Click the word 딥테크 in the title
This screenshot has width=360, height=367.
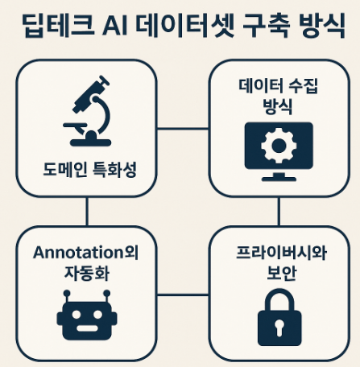pyautogui.click(x=59, y=25)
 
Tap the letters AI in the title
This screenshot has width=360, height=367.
pyautogui.click(x=114, y=27)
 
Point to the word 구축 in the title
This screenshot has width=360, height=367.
pyautogui.click(x=266, y=25)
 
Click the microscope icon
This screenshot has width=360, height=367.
pyautogui.click(x=89, y=111)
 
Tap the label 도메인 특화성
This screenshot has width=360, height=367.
pyautogui.click(x=89, y=170)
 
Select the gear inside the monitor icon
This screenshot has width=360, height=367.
pyautogui.click(x=279, y=146)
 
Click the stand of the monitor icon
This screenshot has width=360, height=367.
pyautogui.click(x=279, y=177)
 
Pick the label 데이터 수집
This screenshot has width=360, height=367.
pyautogui.click(x=278, y=87)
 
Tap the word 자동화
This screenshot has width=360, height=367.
pyautogui.click(x=87, y=274)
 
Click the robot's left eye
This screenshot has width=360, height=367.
pyautogui.click(x=77, y=315)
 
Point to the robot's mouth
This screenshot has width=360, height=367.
pyautogui.click(x=87, y=328)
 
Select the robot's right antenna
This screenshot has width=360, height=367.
pyautogui.click(x=107, y=296)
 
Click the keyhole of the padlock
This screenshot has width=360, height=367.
pyautogui.click(x=279, y=327)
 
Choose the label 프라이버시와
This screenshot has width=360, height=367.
pyautogui.click(x=281, y=253)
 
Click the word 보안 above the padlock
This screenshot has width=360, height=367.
pyautogui.click(x=281, y=274)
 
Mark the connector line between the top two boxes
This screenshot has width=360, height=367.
pyautogui.click(x=183, y=129)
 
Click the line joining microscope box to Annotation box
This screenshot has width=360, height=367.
pyautogui.click(x=87, y=212)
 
